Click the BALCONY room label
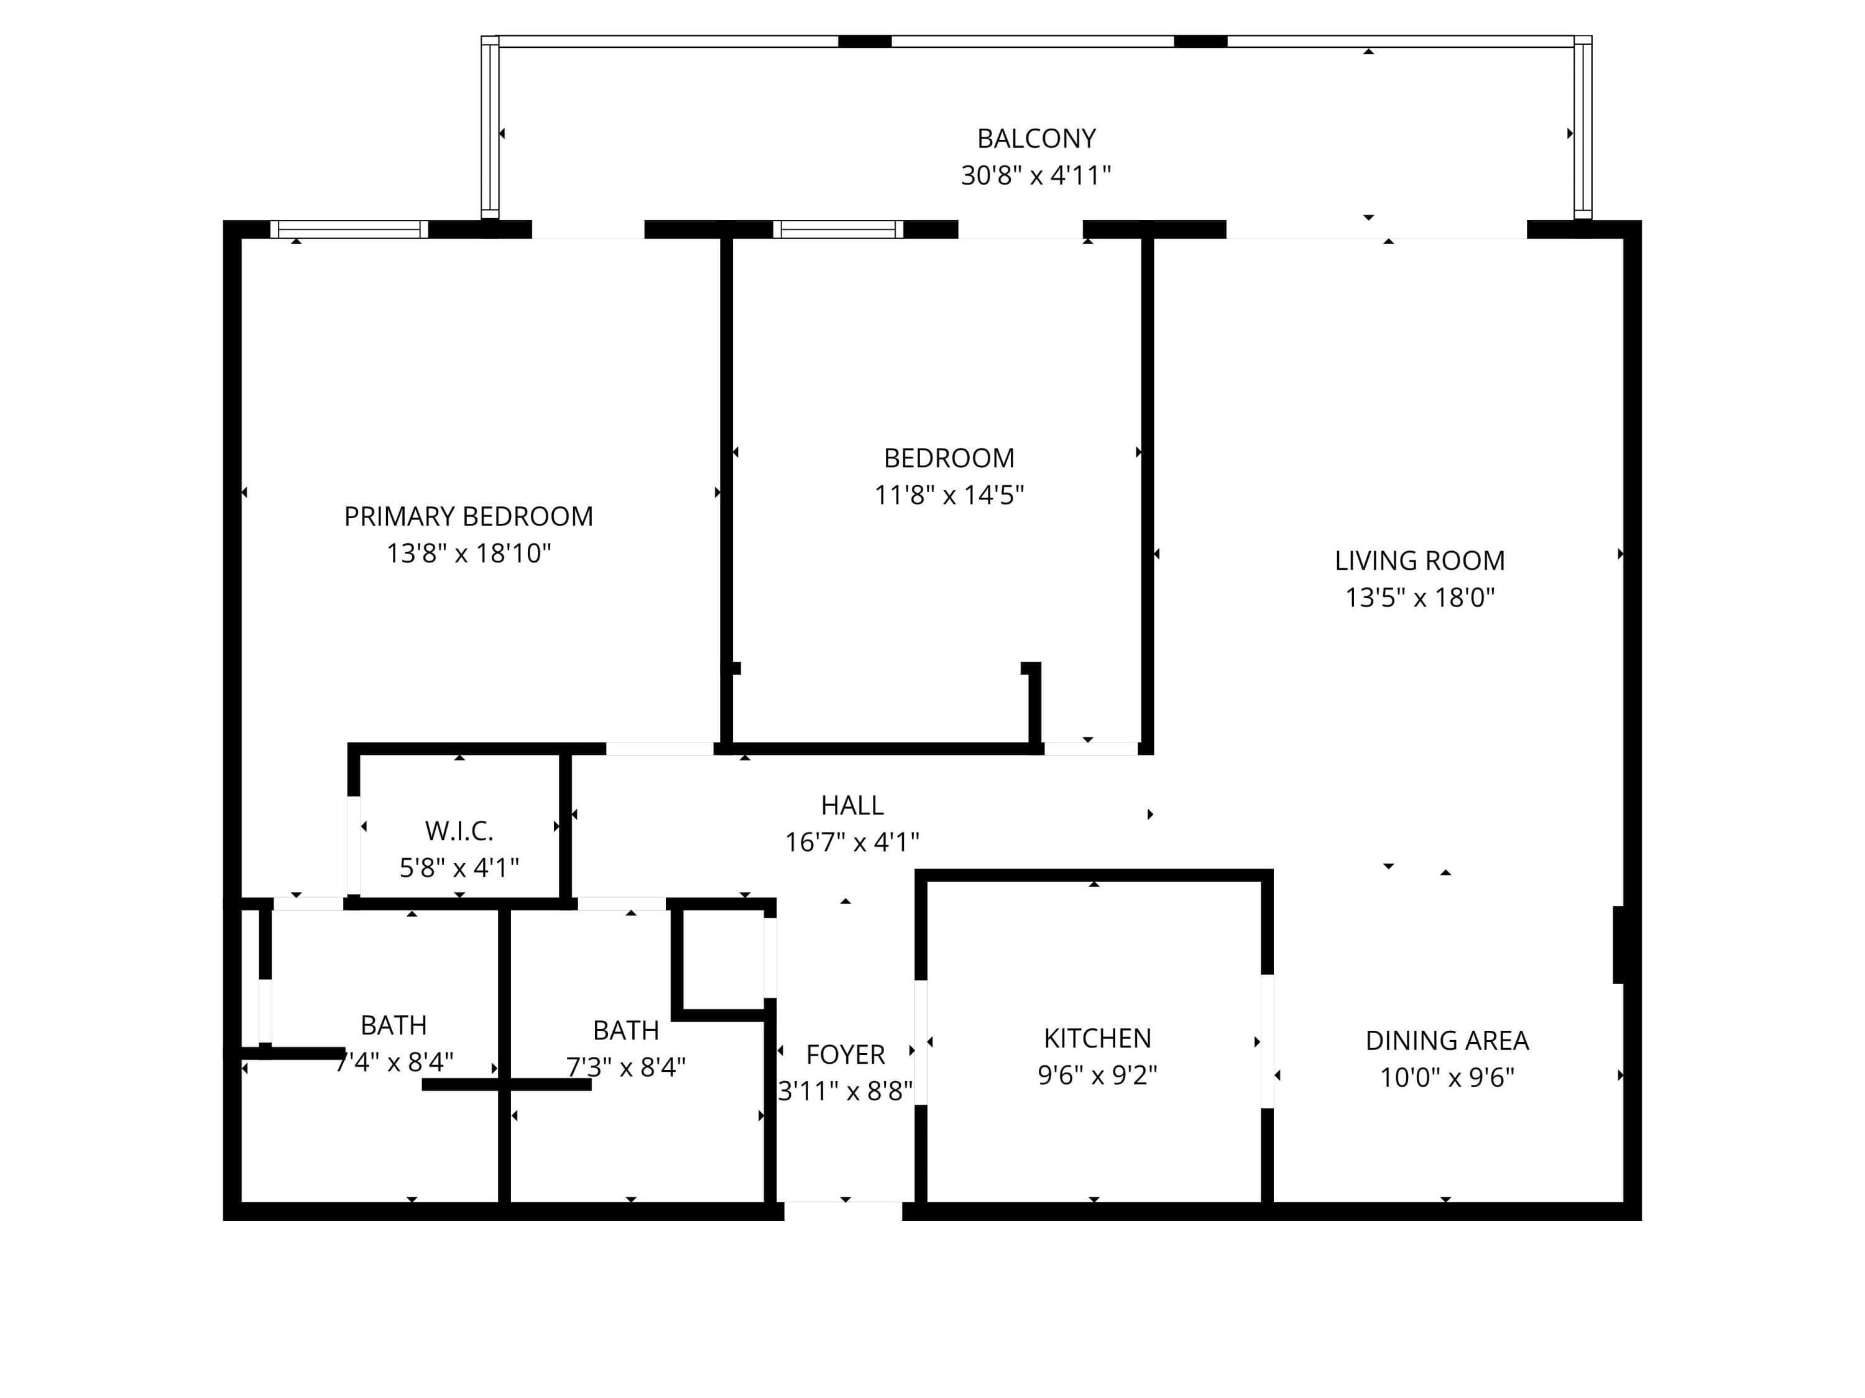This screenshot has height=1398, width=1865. (1036, 138)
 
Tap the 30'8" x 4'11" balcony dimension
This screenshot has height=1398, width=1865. (1036, 175)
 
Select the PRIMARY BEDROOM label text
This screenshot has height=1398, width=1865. (469, 516)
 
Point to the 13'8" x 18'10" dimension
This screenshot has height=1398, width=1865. (469, 554)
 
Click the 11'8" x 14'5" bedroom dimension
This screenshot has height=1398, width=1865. (949, 495)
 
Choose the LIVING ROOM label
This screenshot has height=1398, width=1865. (1420, 560)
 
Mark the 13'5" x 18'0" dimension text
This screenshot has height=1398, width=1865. (1420, 598)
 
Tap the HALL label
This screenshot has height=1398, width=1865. (852, 806)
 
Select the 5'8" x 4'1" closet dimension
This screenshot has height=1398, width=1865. (459, 868)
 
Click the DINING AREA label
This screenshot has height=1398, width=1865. (1447, 1041)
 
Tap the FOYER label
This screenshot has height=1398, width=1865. (845, 1055)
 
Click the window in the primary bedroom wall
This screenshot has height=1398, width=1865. (349, 229)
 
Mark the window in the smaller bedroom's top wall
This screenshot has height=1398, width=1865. (838, 229)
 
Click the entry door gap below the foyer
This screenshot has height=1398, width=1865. (843, 1211)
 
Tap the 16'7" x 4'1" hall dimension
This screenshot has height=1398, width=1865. (852, 842)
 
